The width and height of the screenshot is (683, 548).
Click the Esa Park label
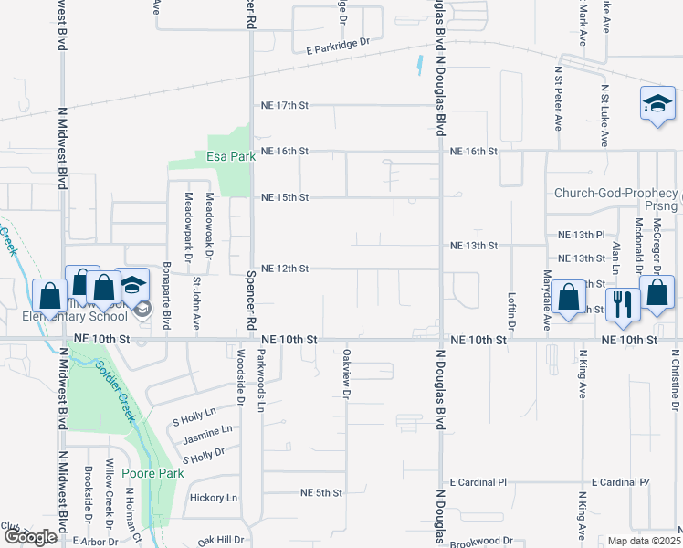pyautogui.click(x=230, y=156)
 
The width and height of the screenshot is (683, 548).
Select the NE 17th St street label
pyautogui.click(x=285, y=105)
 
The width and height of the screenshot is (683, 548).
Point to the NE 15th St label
pyautogui.click(x=285, y=197)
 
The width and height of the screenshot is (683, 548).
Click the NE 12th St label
pyautogui.click(x=285, y=269)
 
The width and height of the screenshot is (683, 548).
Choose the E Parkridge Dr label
pyautogui.click(x=337, y=42)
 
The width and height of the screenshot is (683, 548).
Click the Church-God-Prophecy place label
pyautogui.click(x=616, y=194)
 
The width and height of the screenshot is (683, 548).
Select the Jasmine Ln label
pyautogui.click(x=207, y=428)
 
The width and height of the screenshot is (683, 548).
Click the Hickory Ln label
pyautogui.click(x=213, y=498)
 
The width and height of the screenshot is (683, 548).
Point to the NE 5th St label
pyautogui.click(x=321, y=492)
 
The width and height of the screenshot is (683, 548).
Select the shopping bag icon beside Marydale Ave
pyautogui.click(x=569, y=298)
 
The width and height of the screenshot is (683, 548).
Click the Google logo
pyautogui.click(x=30, y=537)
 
